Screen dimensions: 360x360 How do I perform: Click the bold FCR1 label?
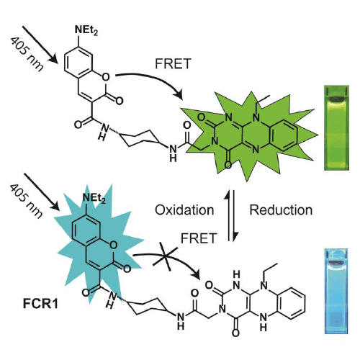(x=40, y=304)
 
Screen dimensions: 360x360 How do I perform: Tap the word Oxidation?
(x=184, y=210)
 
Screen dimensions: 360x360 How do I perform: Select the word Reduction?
(x=281, y=210)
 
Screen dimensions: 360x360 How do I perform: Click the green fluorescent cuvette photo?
(x=336, y=127)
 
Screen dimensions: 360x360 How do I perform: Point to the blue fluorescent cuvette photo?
(x=336, y=291)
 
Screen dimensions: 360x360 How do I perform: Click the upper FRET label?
(x=173, y=63)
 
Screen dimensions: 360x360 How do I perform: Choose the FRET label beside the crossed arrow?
(x=199, y=238)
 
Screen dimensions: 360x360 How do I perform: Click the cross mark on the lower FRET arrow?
(x=166, y=258)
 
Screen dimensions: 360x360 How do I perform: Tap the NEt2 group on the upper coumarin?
(x=86, y=30)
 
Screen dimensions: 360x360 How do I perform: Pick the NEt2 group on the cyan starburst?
(x=94, y=199)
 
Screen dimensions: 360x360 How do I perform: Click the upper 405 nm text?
(x=27, y=55)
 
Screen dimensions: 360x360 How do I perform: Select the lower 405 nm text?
(x=27, y=202)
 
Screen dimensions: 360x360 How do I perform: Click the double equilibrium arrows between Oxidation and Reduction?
(x=230, y=215)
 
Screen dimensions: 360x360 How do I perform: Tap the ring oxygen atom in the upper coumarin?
(x=105, y=77)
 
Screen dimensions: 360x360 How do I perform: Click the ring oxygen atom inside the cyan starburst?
(x=113, y=245)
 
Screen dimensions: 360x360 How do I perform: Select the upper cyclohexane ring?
(x=139, y=138)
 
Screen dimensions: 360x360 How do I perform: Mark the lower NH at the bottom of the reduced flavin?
(x=264, y=322)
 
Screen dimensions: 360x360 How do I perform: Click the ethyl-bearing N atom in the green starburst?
(x=256, y=117)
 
